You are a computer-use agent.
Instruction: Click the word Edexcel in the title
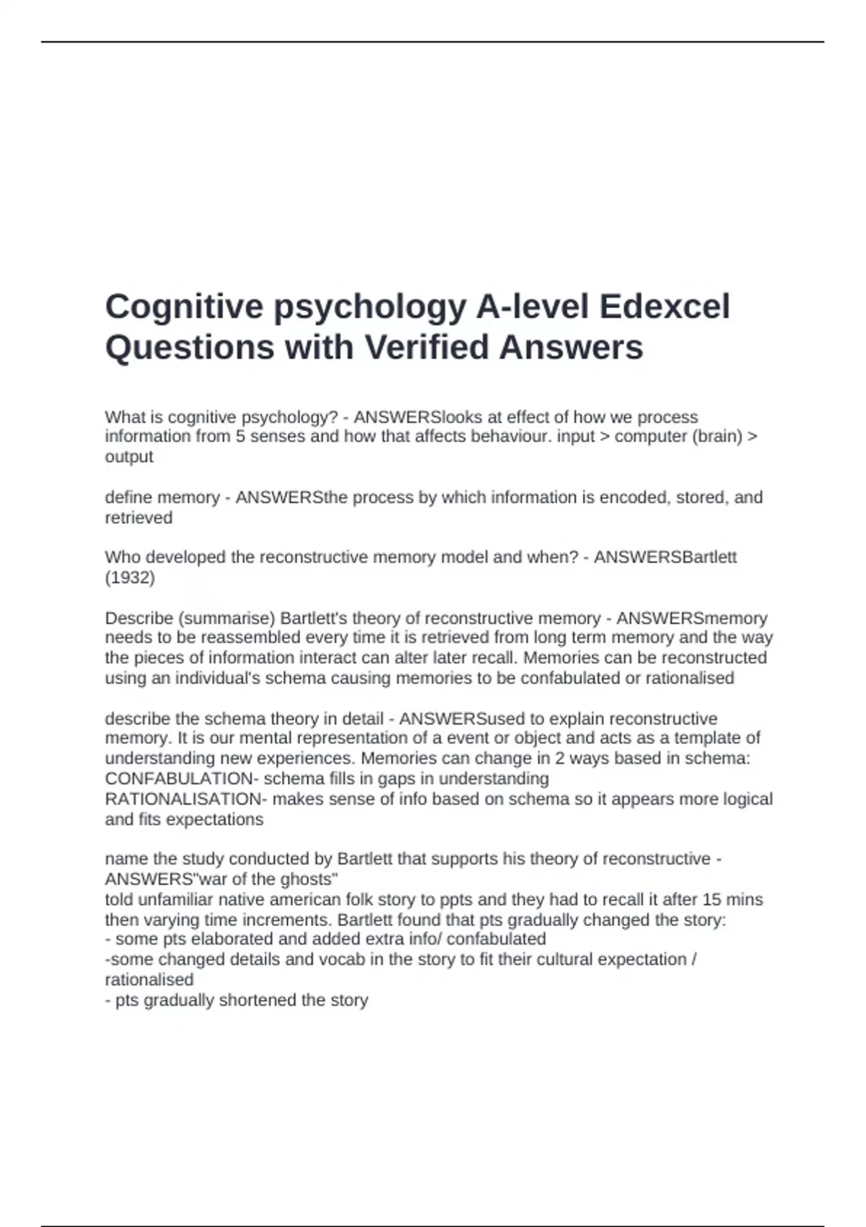(x=665, y=307)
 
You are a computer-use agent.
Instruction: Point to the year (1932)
(x=130, y=577)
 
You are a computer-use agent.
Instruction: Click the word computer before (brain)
(x=647, y=436)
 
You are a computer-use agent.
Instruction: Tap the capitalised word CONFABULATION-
(x=182, y=779)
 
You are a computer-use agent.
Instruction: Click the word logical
(x=742, y=799)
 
